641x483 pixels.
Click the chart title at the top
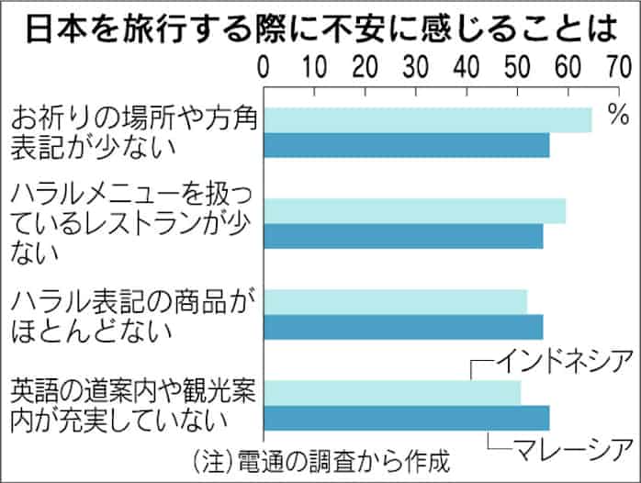(x=320, y=28)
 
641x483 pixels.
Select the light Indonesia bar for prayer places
(x=428, y=119)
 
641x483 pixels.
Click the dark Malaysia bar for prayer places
(x=407, y=145)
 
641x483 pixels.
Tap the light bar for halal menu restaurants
(x=415, y=210)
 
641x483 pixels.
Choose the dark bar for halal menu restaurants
(x=403, y=236)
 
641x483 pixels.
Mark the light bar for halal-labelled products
(x=396, y=301)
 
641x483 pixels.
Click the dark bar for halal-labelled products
(x=403, y=327)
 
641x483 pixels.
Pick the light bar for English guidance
(x=392, y=392)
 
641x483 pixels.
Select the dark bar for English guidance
(x=407, y=418)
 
